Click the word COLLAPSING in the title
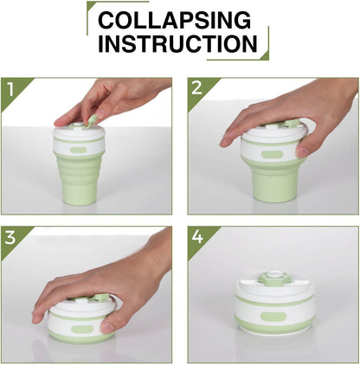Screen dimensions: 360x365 175,20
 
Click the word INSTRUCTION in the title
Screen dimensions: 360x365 177,43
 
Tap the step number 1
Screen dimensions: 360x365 10,89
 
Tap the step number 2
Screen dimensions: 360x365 196,87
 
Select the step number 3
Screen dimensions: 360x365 10,238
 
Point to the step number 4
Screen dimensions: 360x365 197,237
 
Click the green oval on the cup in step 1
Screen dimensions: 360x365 78,150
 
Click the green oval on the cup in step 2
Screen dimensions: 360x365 273,154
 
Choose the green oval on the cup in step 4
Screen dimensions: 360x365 273,317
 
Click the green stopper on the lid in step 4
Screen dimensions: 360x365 272,277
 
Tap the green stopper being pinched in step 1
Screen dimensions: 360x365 92,120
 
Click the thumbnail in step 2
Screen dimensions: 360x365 302,150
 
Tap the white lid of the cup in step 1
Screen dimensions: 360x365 79,138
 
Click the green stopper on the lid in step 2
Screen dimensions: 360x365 291,124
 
